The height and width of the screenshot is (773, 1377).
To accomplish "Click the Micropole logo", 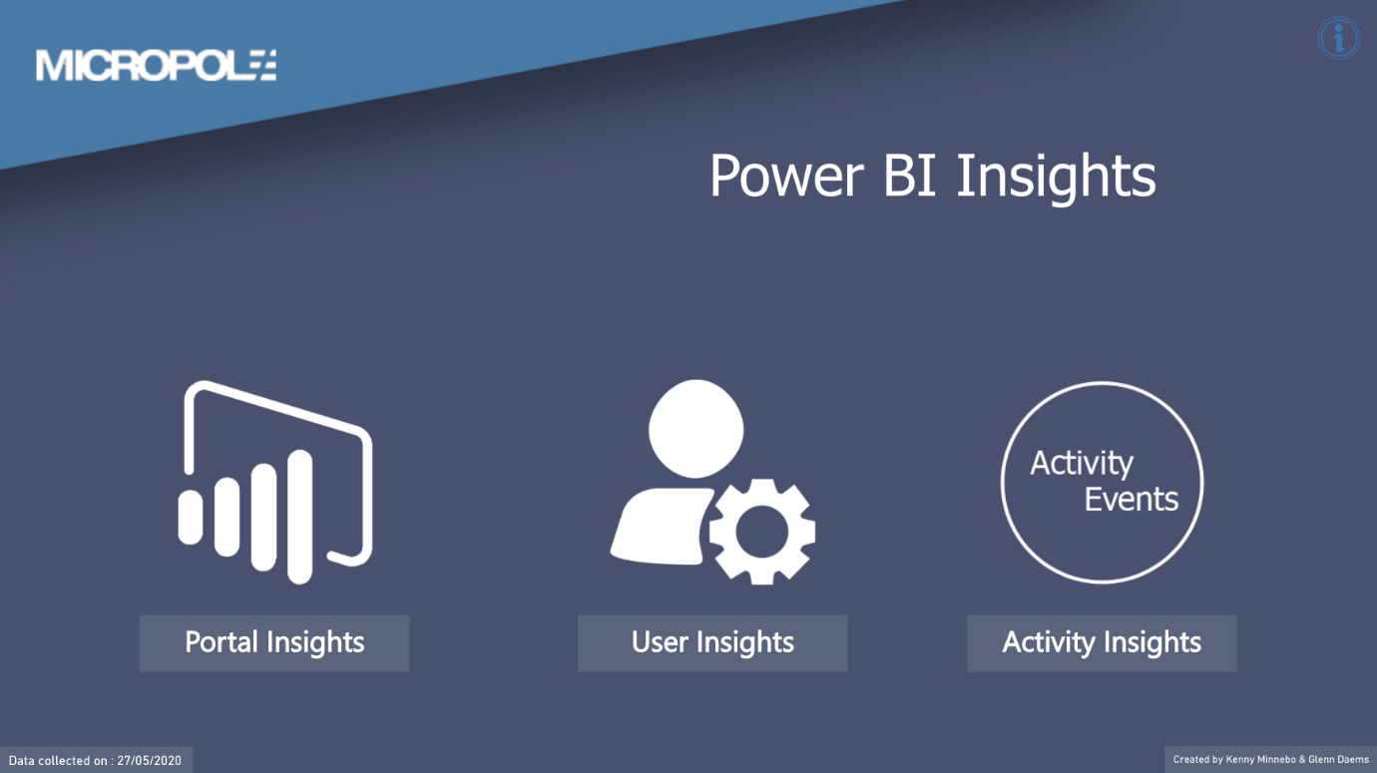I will click(x=156, y=65).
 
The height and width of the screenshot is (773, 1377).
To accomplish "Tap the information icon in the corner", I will click(x=1338, y=39).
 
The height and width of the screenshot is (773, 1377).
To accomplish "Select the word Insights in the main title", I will click(x=1056, y=177).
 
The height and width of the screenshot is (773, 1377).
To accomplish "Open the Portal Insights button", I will click(x=274, y=642).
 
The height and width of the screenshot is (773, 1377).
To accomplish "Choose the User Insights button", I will click(x=712, y=642).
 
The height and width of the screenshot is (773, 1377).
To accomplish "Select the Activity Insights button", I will click(x=1102, y=642).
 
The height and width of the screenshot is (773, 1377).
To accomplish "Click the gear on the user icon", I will click(x=762, y=531).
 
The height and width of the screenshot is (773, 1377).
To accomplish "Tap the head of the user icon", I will click(x=695, y=427).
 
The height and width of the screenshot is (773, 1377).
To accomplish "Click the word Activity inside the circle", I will click(x=1082, y=464).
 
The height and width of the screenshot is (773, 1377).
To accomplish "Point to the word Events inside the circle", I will click(x=1132, y=499).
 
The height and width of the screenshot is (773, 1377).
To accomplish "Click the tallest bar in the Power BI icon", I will click(x=299, y=516).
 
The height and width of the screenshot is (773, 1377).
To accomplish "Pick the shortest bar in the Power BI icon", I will click(x=190, y=517).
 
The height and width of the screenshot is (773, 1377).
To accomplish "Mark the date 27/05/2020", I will click(x=149, y=760).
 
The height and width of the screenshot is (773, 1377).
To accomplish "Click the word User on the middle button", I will click(x=660, y=642).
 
